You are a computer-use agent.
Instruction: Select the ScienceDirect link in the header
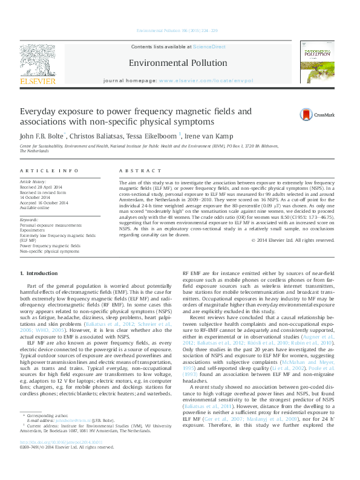(x=209, y=47)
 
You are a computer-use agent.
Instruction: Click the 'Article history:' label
(x=33, y=181)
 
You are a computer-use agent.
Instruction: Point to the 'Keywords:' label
(x=30, y=219)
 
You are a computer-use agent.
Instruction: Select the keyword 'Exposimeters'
(x=33, y=230)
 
